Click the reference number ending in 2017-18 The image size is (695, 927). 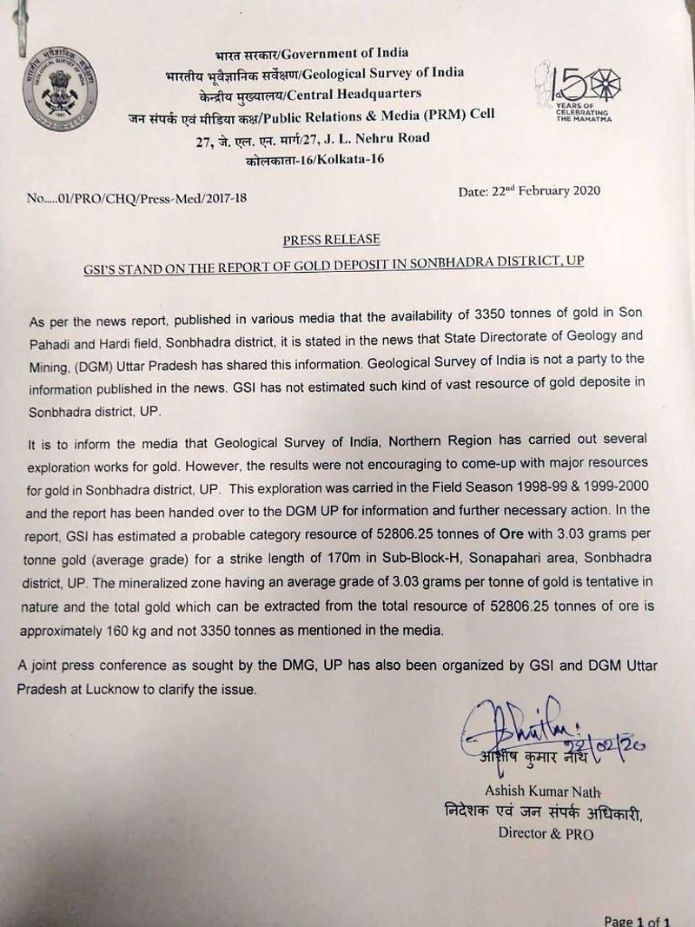[136, 198]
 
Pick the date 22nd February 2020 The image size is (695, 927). [529, 191]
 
